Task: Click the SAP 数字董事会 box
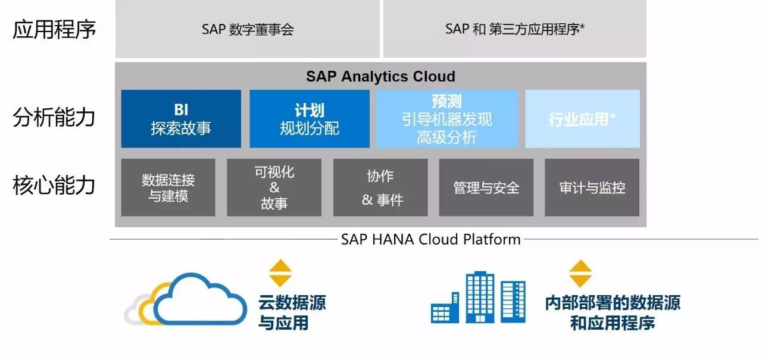click(247, 29)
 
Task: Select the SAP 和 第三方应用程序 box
click(514, 29)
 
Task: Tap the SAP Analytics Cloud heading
click(380, 77)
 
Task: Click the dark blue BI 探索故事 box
click(181, 119)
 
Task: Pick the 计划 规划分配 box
click(310, 119)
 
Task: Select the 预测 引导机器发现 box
click(446, 119)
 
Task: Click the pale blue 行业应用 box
click(582, 119)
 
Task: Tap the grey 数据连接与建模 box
click(168, 187)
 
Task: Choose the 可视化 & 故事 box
click(274, 187)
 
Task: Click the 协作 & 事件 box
click(380, 187)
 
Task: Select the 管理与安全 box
click(486, 187)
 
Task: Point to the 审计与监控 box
click(592, 187)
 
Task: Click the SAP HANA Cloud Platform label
click(430, 239)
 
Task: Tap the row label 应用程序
click(54, 29)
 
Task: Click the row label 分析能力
click(54, 117)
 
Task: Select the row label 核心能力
click(54, 185)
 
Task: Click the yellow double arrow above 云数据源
click(280, 273)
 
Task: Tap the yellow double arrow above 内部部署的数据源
click(580, 273)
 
